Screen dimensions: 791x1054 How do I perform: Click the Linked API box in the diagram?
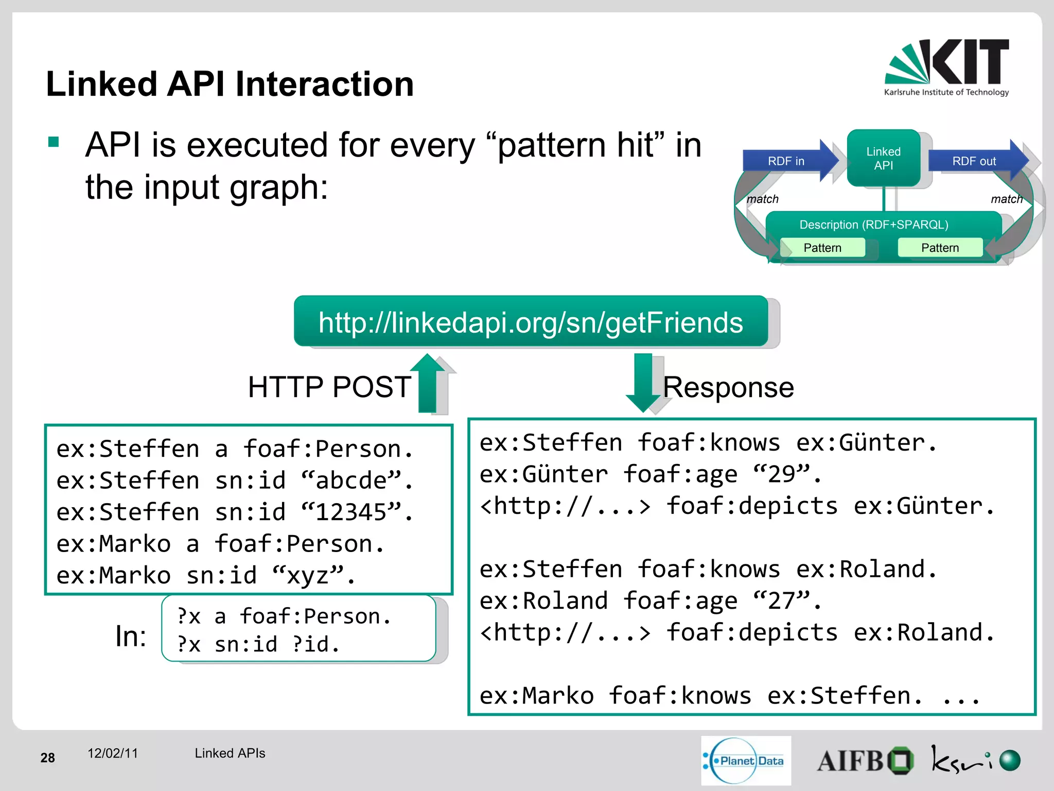[883, 158]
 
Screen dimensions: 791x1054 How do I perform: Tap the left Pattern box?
[822, 248]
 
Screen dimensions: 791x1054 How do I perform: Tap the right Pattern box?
[940, 248]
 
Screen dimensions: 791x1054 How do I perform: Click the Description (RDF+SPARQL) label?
[873, 225]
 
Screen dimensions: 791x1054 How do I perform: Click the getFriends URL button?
[531, 322]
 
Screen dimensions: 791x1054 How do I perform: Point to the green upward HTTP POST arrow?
[428, 384]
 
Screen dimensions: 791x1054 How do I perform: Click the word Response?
[728, 387]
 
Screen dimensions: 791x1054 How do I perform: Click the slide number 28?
[47, 758]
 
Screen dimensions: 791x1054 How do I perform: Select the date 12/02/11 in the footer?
[113, 753]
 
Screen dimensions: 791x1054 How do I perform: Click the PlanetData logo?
[746, 761]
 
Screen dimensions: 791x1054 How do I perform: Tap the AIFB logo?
[865, 761]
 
